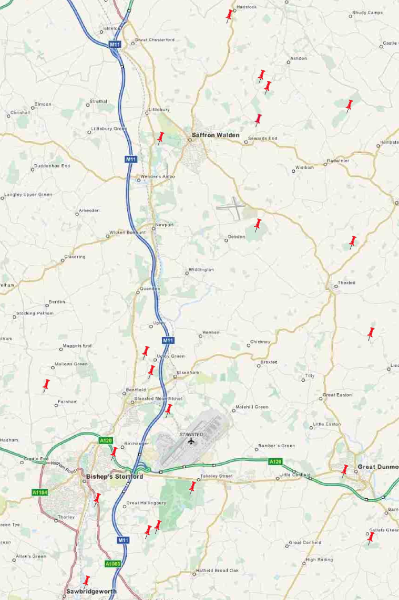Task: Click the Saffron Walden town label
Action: pos(216,135)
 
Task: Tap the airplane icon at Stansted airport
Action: pos(191,441)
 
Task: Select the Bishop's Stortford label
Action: pos(114,477)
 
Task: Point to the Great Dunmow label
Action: pos(378,467)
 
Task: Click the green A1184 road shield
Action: pos(39,493)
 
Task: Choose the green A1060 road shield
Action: pos(112,564)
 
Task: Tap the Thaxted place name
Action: pos(346,282)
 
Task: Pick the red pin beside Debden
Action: pos(258,225)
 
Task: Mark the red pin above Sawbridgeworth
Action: pos(87,581)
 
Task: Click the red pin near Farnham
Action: pos(46,385)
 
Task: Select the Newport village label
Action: pos(164,225)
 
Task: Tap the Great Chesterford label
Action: pos(155,40)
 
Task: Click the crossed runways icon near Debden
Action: pos(231,208)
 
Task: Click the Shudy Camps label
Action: pos(367,13)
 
